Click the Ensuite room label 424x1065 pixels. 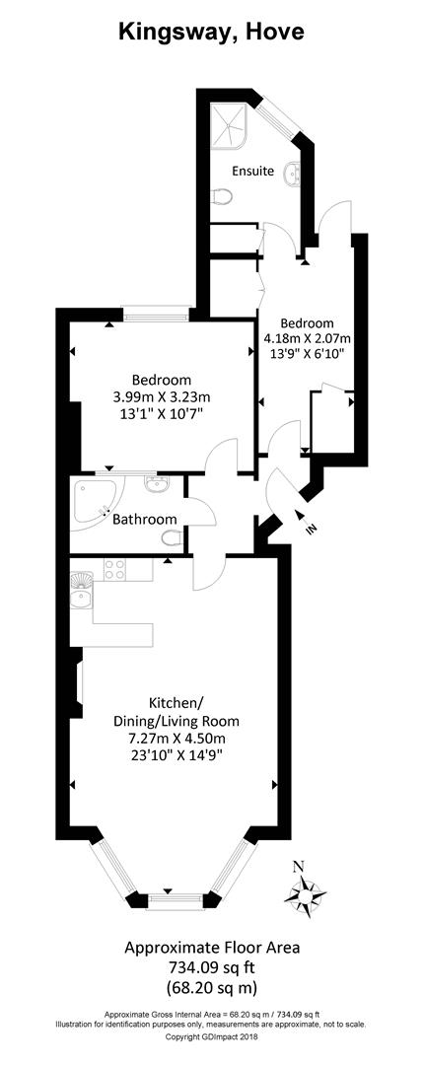tap(253, 171)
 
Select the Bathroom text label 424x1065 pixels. tap(144, 519)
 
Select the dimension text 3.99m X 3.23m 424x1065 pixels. tap(163, 397)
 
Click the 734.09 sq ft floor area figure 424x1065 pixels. tap(211, 966)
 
